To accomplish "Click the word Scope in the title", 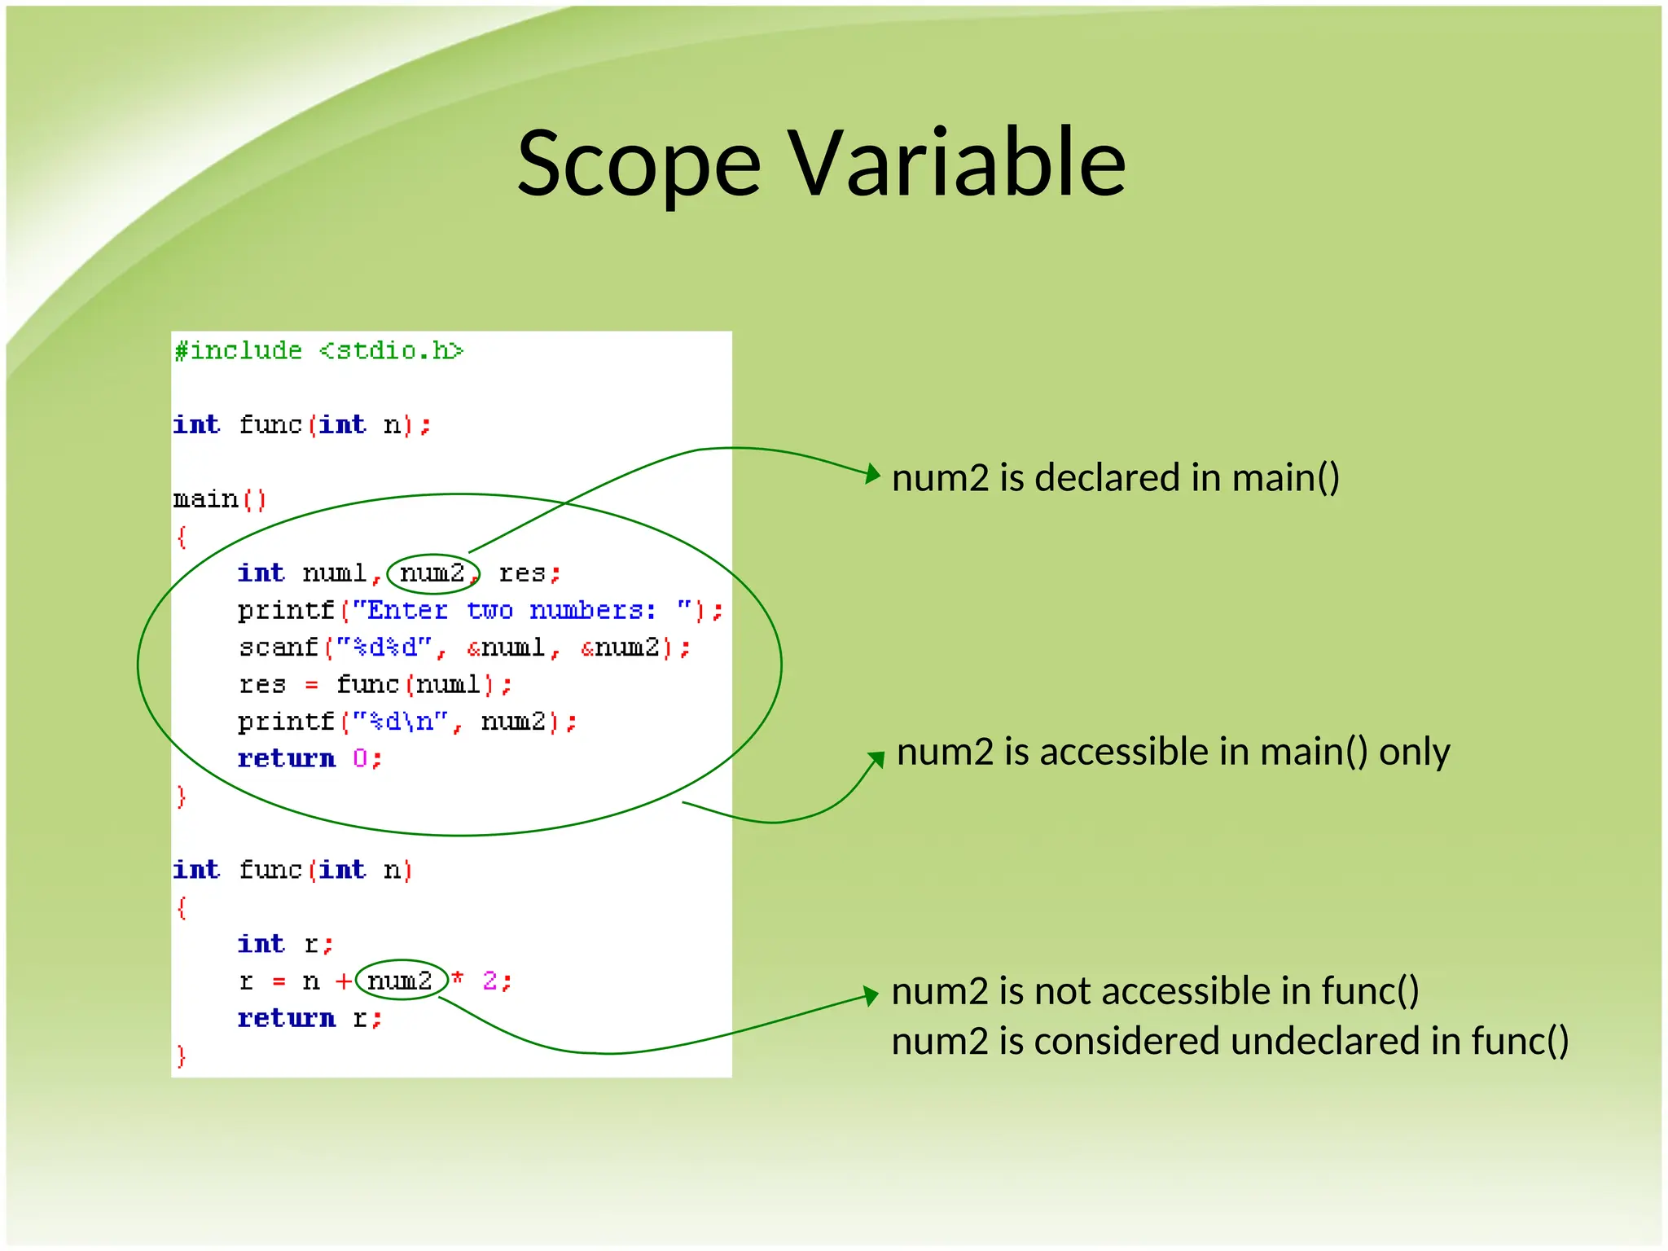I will click(639, 165).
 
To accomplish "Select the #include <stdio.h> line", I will click(318, 351).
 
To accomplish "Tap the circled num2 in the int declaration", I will click(432, 573).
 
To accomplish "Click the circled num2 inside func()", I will click(400, 981).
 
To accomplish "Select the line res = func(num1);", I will click(375, 684).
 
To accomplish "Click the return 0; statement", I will click(309, 758).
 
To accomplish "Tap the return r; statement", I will click(309, 1018).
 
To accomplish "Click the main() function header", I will click(219, 498).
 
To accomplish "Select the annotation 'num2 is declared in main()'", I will click(1115, 477).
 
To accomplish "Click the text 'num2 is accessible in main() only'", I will click(1172, 751).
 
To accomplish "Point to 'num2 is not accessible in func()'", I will click(1155, 991).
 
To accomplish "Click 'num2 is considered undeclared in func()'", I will click(1229, 1042).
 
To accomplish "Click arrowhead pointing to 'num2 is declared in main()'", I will click(873, 474).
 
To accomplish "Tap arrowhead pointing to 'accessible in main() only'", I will click(876, 760).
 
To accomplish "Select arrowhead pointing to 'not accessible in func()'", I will click(871, 995).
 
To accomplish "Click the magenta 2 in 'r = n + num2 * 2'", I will click(490, 981).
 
